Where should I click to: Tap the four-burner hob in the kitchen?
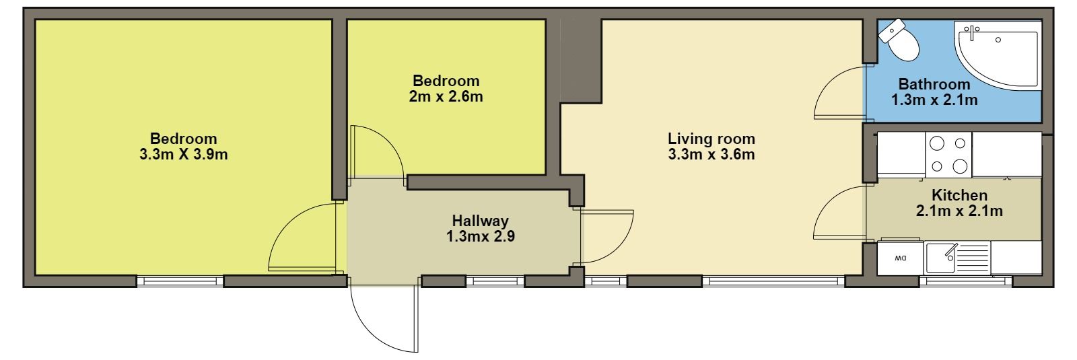[948, 155]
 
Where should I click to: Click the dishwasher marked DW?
[900, 258]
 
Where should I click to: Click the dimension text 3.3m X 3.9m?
[184, 155]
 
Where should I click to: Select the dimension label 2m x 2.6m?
[446, 97]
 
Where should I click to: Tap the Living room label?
[711, 139]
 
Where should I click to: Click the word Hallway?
[481, 221]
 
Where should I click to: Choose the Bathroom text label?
[934, 84]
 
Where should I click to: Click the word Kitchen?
[959, 195]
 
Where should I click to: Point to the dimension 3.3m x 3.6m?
[711, 155]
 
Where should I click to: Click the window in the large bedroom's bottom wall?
[180, 281]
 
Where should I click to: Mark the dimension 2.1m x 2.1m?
[959, 211]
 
